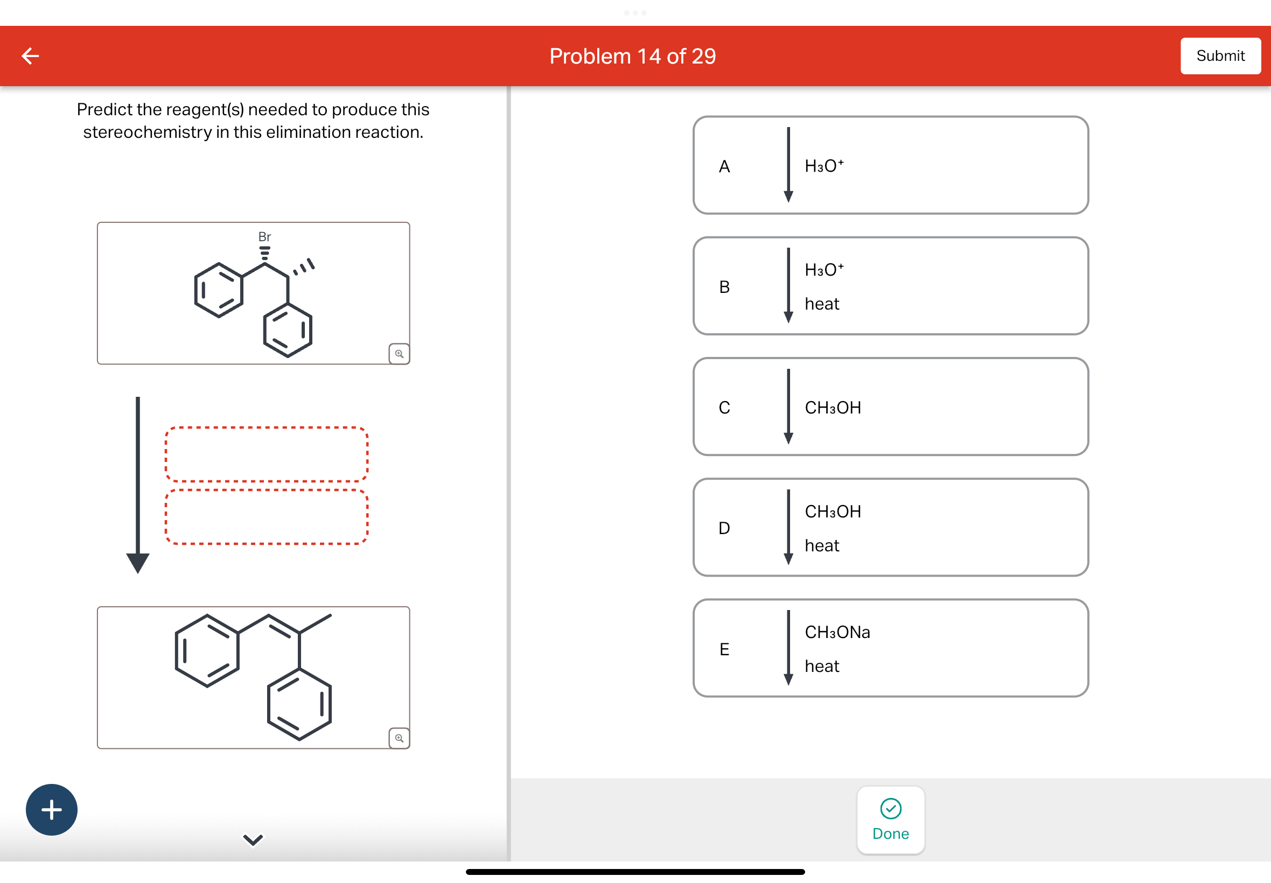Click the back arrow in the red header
[31, 56]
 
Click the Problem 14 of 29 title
[632, 57]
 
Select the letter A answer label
[724, 166]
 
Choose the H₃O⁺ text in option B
[823, 269]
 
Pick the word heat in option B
[821, 304]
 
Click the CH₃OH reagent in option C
[832, 408]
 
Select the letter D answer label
[724, 528]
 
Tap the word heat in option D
[821, 545]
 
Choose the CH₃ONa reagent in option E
[836, 632]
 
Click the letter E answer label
[724, 649]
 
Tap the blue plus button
[52, 809]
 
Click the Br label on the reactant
[264, 237]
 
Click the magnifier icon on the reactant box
[399, 354]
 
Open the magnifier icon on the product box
[399, 738]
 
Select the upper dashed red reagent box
[266, 454]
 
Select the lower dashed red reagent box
[266, 517]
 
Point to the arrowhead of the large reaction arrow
[138, 562]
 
